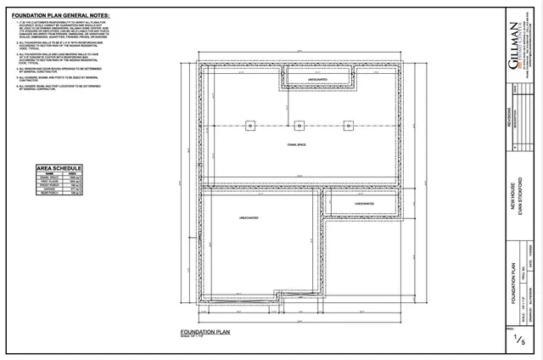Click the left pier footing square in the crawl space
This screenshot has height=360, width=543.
click(x=250, y=126)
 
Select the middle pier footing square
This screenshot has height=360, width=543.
click(x=299, y=126)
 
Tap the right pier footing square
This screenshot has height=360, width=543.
click(x=348, y=126)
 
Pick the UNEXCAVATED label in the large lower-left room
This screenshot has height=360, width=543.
click(x=249, y=219)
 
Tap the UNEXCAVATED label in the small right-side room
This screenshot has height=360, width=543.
click(x=364, y=204)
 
